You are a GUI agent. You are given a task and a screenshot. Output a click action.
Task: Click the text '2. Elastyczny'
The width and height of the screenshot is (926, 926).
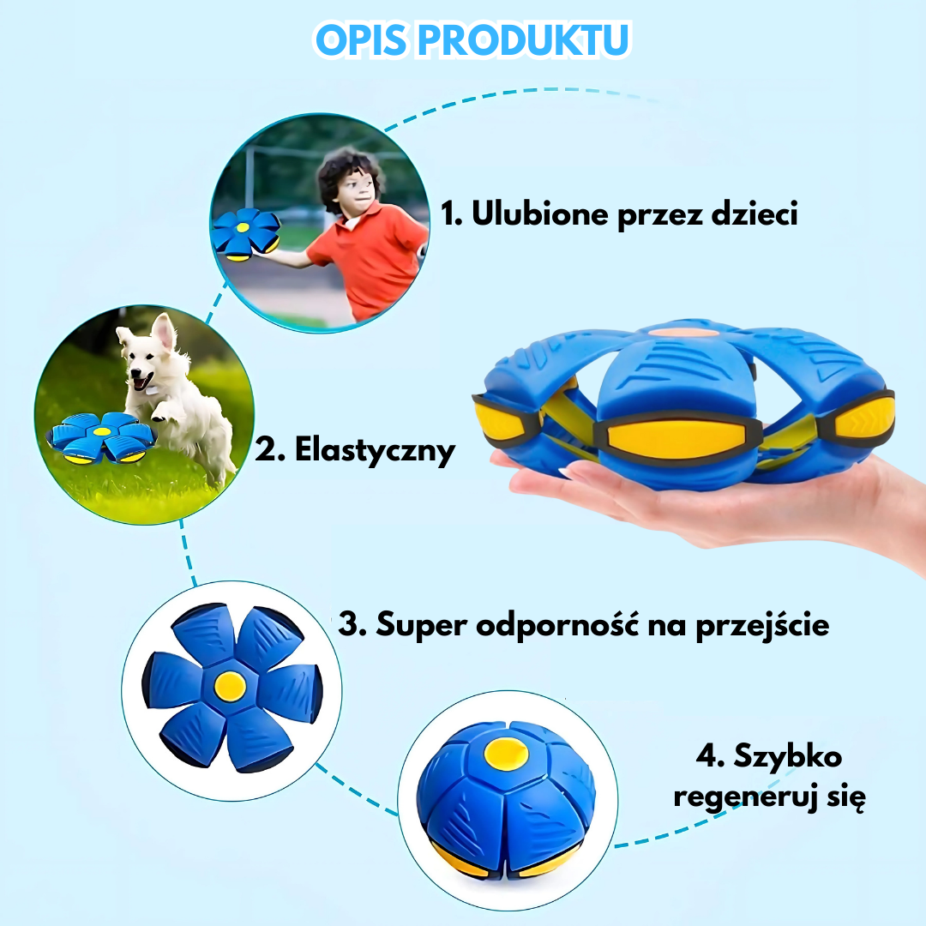pyautogui.click(x=355, y=450)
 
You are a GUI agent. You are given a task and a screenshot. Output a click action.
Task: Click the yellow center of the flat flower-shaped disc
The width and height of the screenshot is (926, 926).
pyautogui.click(x=229, y=683)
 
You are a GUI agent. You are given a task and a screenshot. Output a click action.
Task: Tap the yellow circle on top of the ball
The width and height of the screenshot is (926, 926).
pyautogui.click(x=504, y=753)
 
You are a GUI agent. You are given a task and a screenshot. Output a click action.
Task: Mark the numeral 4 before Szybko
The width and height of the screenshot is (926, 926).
pyautogui.click(x=705, y=755)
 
